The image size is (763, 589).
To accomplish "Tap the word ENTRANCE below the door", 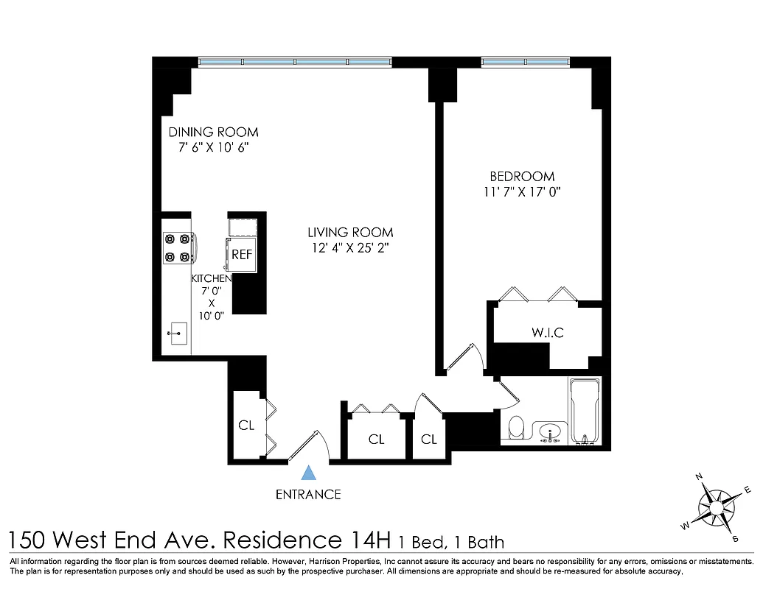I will click(x=308, y=495).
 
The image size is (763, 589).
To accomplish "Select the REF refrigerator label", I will click(x=242, y=254).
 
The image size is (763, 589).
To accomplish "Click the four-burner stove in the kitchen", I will click(x=178, y=247).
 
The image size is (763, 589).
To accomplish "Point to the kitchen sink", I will click(x=177, y=334).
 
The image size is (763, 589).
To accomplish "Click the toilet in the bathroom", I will click(x=516, y=428).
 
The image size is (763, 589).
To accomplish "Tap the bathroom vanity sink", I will click(x=549, y=431).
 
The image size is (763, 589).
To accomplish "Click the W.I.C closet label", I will click(x=548, y=333).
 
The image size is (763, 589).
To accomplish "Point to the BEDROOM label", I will click(x=522, y=177).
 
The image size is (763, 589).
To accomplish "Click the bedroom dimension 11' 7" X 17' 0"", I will click(x=522, y=192).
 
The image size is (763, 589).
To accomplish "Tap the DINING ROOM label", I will click(x=213, y=133).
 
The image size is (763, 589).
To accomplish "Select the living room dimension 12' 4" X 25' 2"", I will click(x=350, y=248).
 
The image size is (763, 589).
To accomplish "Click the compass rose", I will click(x=716, y=506).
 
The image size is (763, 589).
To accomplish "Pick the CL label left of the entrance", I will click(x=246, y=426).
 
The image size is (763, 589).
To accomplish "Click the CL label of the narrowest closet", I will click(x=429, y=440).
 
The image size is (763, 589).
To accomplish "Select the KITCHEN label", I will click(x=212, y=279).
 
